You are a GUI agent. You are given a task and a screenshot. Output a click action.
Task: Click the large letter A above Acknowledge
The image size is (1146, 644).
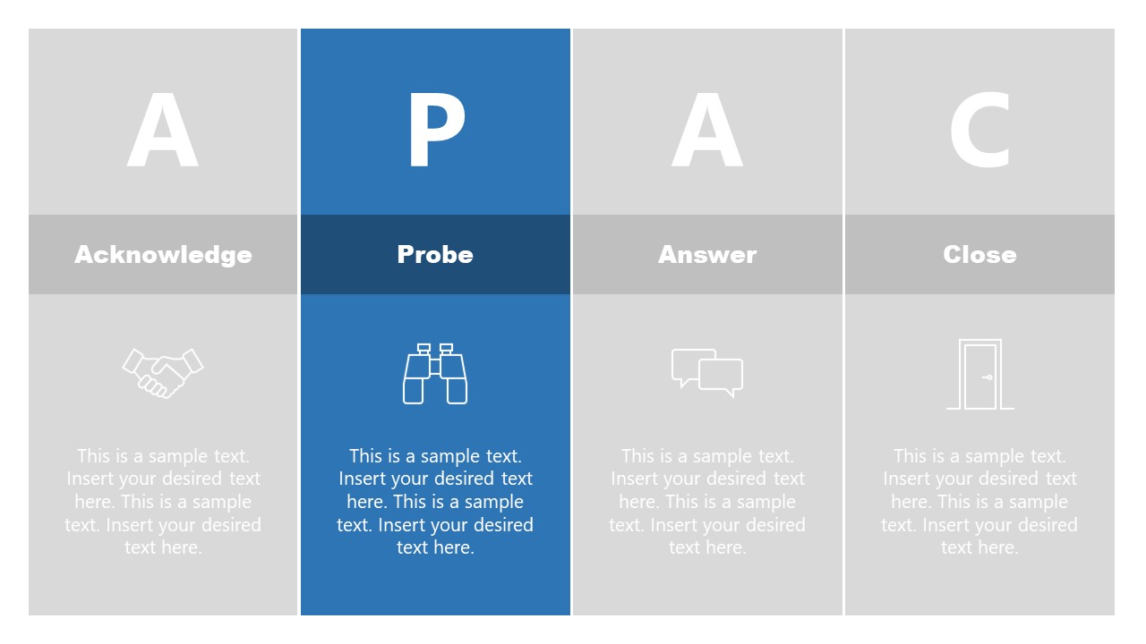(x=163, y=130)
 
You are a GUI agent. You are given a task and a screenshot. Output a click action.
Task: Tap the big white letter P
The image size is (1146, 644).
(x=436, y=130)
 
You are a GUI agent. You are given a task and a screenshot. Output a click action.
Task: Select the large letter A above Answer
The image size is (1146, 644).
(x=707, y=130)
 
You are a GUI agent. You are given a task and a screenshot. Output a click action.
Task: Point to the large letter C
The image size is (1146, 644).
(x=980, y=130)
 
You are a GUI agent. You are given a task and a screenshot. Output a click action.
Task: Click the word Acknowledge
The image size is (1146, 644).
(x=163, y=255)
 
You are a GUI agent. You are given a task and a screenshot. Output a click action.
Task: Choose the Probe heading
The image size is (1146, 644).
(x=435, y=255)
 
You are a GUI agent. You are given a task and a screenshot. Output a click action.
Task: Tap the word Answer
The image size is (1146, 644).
(x=707, y=255)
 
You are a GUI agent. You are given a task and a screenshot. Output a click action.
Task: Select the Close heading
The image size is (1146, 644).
(x=979, y=255)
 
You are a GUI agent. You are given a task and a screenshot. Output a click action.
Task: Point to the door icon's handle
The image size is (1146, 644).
(x=988, y=377)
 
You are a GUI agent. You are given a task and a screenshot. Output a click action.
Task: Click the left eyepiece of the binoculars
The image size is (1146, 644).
(x=423, y=349)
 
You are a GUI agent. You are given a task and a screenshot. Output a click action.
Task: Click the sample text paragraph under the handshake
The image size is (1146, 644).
(x=163, y=502)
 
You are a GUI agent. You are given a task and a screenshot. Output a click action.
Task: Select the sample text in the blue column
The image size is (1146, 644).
(x=435, y=502)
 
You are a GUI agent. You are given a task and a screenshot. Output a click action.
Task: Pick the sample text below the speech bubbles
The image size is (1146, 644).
(x=707, y=502)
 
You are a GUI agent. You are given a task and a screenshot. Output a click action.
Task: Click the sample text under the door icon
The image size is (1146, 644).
(x=979, y=502)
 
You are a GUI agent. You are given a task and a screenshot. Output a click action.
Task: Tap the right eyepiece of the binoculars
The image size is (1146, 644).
(x=446, y=349)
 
